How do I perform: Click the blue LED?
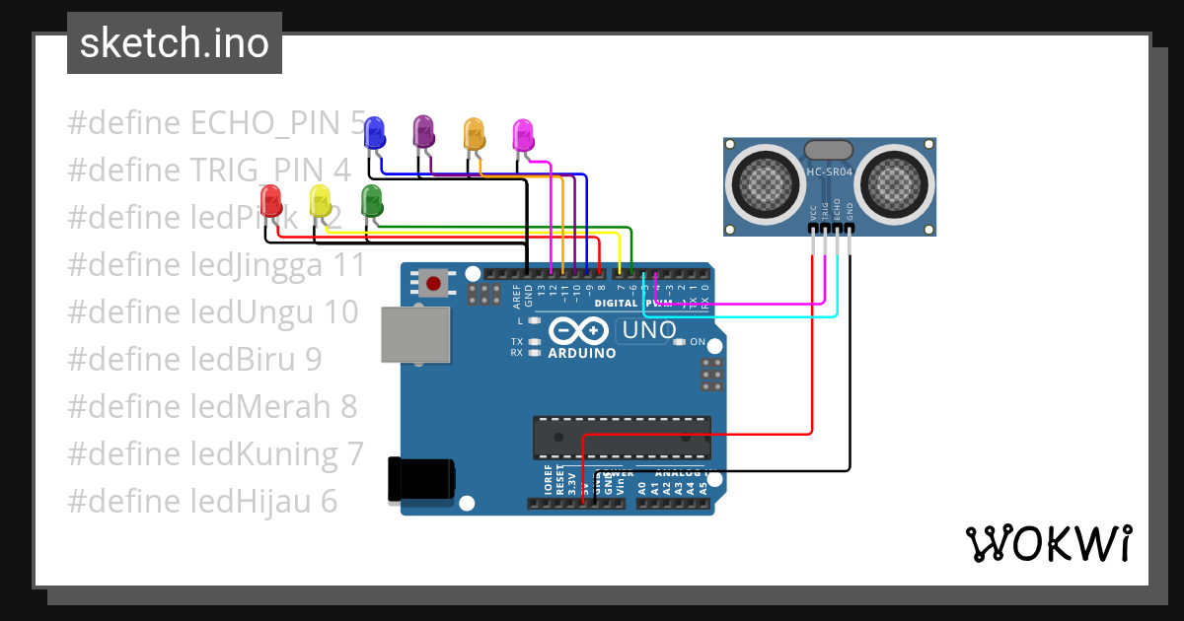click(x=374, y=132)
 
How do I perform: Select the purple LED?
click(x=423, y=131)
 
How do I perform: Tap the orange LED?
click(x=475, y=134)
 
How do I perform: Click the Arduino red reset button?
click(x=433, y=284)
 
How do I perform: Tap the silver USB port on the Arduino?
click(x=415, y=335)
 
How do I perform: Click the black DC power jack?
click(x=421, y=479)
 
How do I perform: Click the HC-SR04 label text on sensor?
click(x=829, y=172)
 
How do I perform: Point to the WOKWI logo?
click(x=1048, y=543)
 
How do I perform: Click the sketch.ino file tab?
click(x=175, y=43)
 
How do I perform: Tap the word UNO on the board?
click(x=648, y=330)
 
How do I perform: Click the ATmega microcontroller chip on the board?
click(x=622, y=438)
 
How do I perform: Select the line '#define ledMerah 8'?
click(x=212, y=406)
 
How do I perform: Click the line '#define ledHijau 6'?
click(x=202, y=502)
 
